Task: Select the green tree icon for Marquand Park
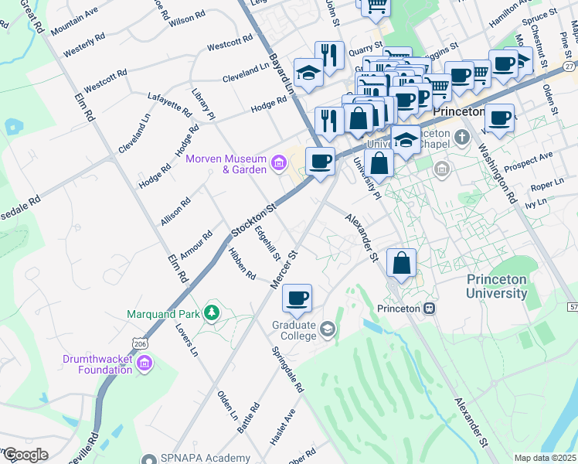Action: click(x=210, y=313)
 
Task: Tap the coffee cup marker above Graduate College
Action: click(x=297, y=297)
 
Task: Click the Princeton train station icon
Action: click(x=429, y=308)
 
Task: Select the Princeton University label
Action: click(x=496, y=286)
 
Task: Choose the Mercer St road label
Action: click(x=284, y=269)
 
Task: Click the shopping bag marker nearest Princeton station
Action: click(x=402, y=264)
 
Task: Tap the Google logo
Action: click(x=25, y=455)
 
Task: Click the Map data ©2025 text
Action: click(x=545, y=458)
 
